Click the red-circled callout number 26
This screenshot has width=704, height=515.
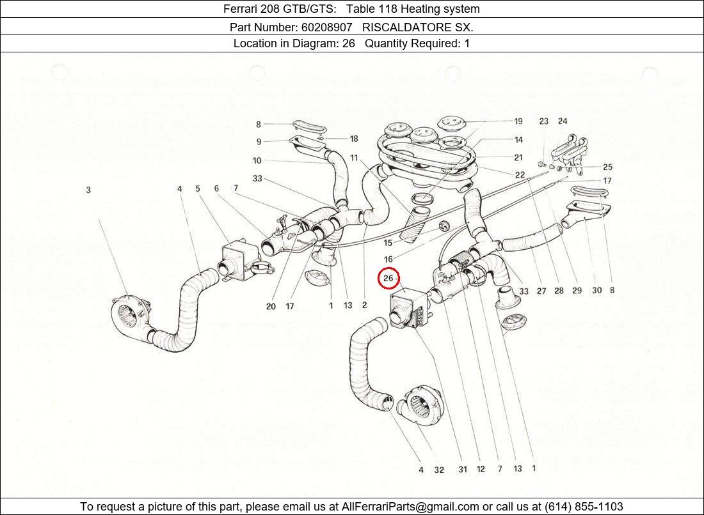pyautogui.click(x=388, y=279)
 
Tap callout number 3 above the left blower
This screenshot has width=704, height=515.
pyautogui.click(x=88, y=190)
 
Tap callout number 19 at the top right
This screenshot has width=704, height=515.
pyautogui.click(x=518, y=121)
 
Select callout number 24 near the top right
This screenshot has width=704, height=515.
pyautogui.click(x=562, y=121)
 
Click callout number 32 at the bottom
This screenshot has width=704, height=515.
pyautogui.click(x=438, y=470)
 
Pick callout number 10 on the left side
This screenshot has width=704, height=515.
pyautogui.click(x=257, y=161)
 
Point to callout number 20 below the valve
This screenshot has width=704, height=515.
pyautogui.click(x=271, y=307)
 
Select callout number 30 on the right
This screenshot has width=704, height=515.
pyautogui.click(x=596, y=291)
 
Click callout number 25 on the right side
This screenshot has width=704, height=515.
pyautogui.click(x=607, y=167)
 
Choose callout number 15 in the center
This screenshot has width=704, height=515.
pyautogui.click(x=388, y=243)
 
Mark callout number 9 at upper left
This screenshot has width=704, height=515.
pyautogui.click(x=259, y=142)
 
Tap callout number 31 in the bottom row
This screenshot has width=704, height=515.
pyautogui.click(x=462, y=470)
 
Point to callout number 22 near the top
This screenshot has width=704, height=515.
pyautogui.click(x=519, y=175)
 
